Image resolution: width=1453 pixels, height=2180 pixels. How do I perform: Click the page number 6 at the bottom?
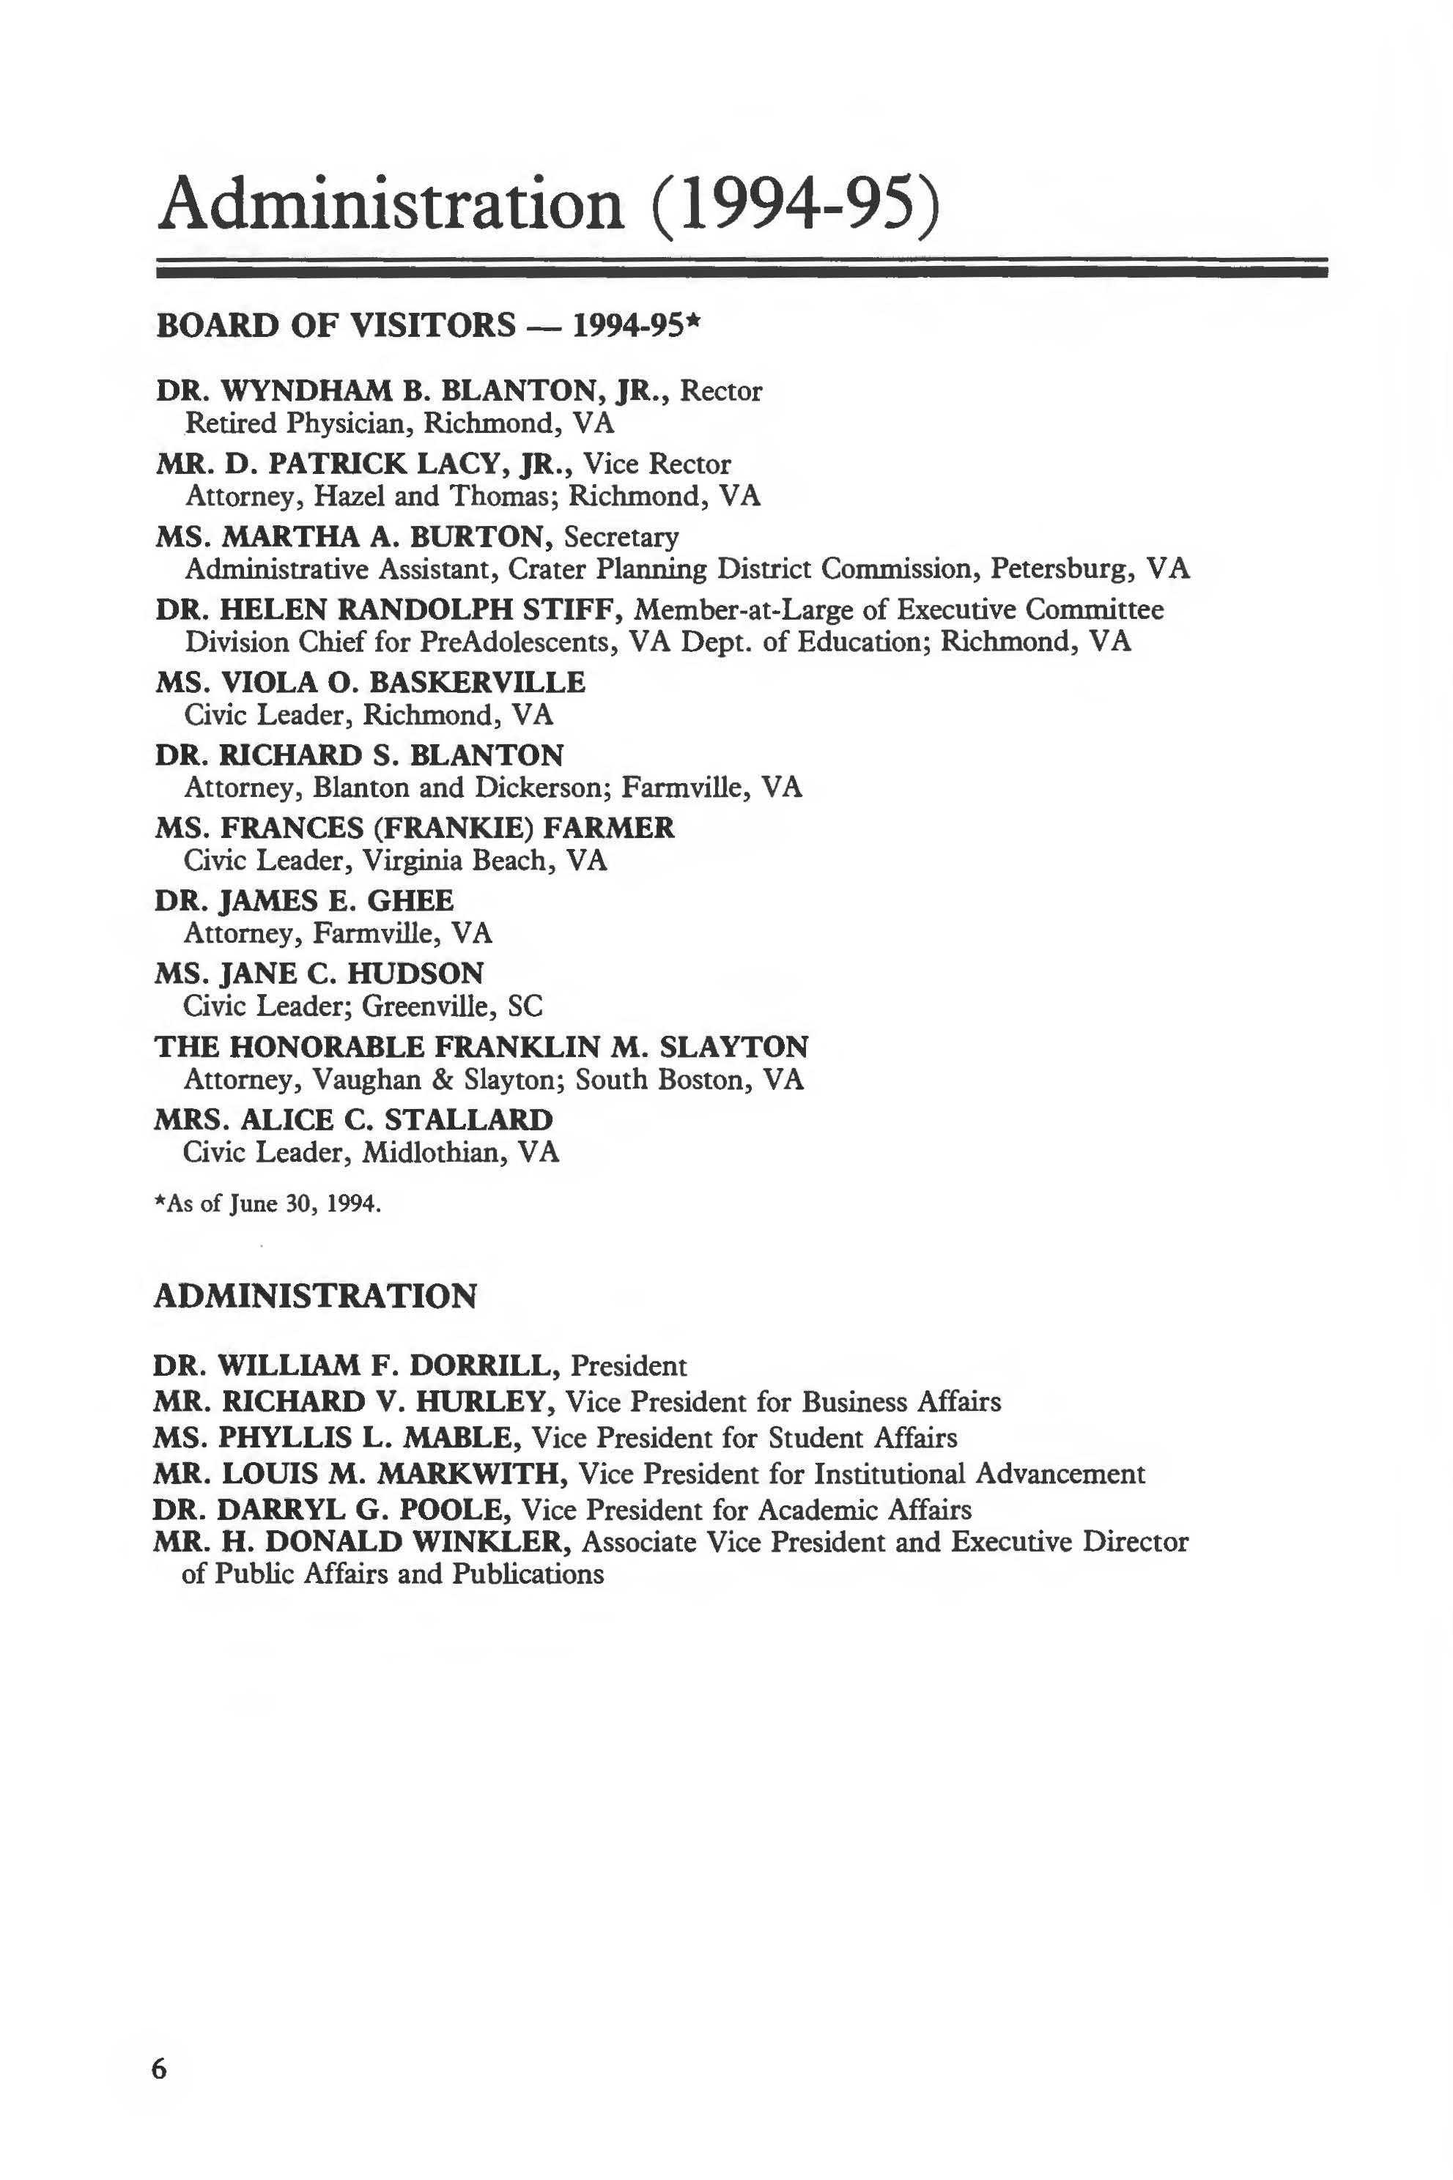[x=160, y=2068]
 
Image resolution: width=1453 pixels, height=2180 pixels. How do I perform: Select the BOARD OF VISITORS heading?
[x=336, y=325]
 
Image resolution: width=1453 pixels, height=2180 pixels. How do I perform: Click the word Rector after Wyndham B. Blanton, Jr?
[x=721, y=391]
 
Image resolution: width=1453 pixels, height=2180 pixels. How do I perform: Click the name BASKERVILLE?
[x=477, y=683]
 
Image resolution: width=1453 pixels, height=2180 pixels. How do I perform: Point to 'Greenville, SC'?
[x=452, y=1006]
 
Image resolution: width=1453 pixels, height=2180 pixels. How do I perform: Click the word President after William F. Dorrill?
[x=628, y=1365]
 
